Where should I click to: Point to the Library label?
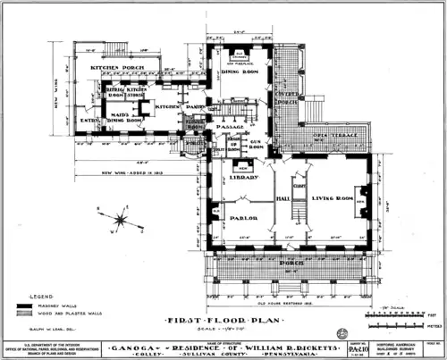242,178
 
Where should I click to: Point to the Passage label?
231,128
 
